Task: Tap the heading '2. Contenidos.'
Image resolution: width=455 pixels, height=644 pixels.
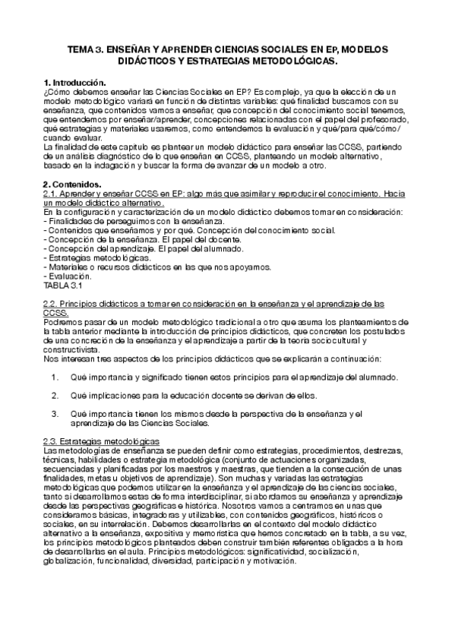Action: (72, 183)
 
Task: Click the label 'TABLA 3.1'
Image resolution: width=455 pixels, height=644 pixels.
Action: (64, 286)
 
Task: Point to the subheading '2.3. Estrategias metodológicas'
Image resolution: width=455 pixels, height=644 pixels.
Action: (101, 440)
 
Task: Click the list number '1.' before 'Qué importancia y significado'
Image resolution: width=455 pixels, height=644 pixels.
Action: (55, 377)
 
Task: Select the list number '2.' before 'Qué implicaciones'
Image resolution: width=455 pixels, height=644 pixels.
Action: (55, 396)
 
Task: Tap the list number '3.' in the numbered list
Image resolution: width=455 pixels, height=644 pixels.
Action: (55, 413)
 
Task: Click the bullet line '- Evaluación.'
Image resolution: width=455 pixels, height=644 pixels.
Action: (71, 276)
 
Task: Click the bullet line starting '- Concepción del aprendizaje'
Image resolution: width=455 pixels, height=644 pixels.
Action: (144, 248)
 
